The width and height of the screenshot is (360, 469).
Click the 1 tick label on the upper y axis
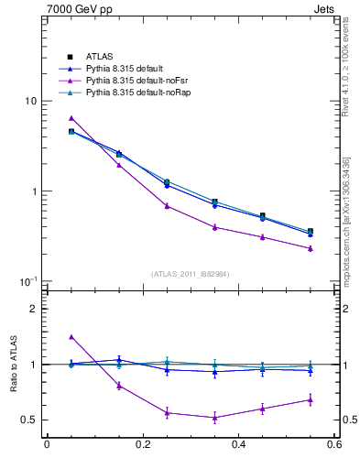pos(33,191)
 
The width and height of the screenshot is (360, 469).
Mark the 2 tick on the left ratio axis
pos(33,309)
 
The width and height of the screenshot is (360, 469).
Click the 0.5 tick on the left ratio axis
pos(27,420)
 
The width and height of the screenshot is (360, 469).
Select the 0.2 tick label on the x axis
pos(143,445)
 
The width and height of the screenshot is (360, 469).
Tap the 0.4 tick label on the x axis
pos(238,445)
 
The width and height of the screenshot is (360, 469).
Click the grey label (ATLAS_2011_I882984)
pos(191,274)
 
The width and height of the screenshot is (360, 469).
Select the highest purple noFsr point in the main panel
pos(71,118)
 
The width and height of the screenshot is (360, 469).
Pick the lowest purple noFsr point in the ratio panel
pos(214,418)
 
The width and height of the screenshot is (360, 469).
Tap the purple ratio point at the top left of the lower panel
pos(71,337)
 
